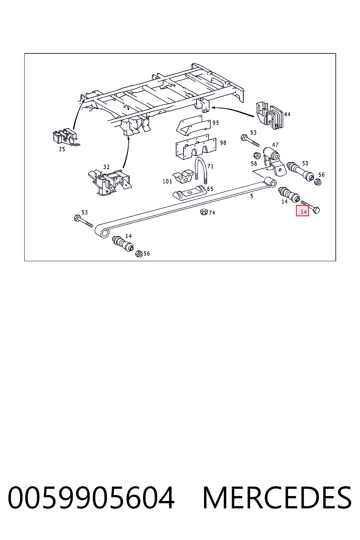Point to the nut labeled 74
(204, 212)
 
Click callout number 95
(216, 123)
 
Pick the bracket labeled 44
(270, 115)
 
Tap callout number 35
(62, 149)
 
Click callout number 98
(223, 143)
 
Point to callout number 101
(167, 181)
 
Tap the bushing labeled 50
(300, 172)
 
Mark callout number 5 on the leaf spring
(251, 196)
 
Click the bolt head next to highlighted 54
(316, 210)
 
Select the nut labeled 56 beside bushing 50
(318, 182)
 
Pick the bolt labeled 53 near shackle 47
(250, 141)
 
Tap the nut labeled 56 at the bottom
(139, 253)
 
